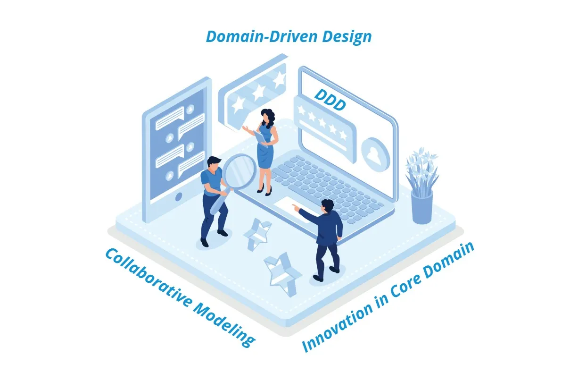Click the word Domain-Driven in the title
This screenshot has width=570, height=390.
pos(262,36)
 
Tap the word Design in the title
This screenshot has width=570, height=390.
pos(347,37)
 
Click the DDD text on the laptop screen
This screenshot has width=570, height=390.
pos(330,100)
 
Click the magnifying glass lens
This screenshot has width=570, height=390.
pos(239,171)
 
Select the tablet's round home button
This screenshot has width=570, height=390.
pos(179,196)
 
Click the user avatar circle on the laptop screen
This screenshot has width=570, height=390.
pos(375,155)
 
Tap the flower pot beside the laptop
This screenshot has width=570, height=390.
pos(421,207)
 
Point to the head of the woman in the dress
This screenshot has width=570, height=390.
pos(267,117)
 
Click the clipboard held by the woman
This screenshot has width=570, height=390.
pos(261,138)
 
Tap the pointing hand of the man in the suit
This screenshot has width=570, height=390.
pos(296,207)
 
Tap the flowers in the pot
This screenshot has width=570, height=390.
pos(421,171)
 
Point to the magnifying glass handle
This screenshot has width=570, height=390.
pos(219,202)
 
